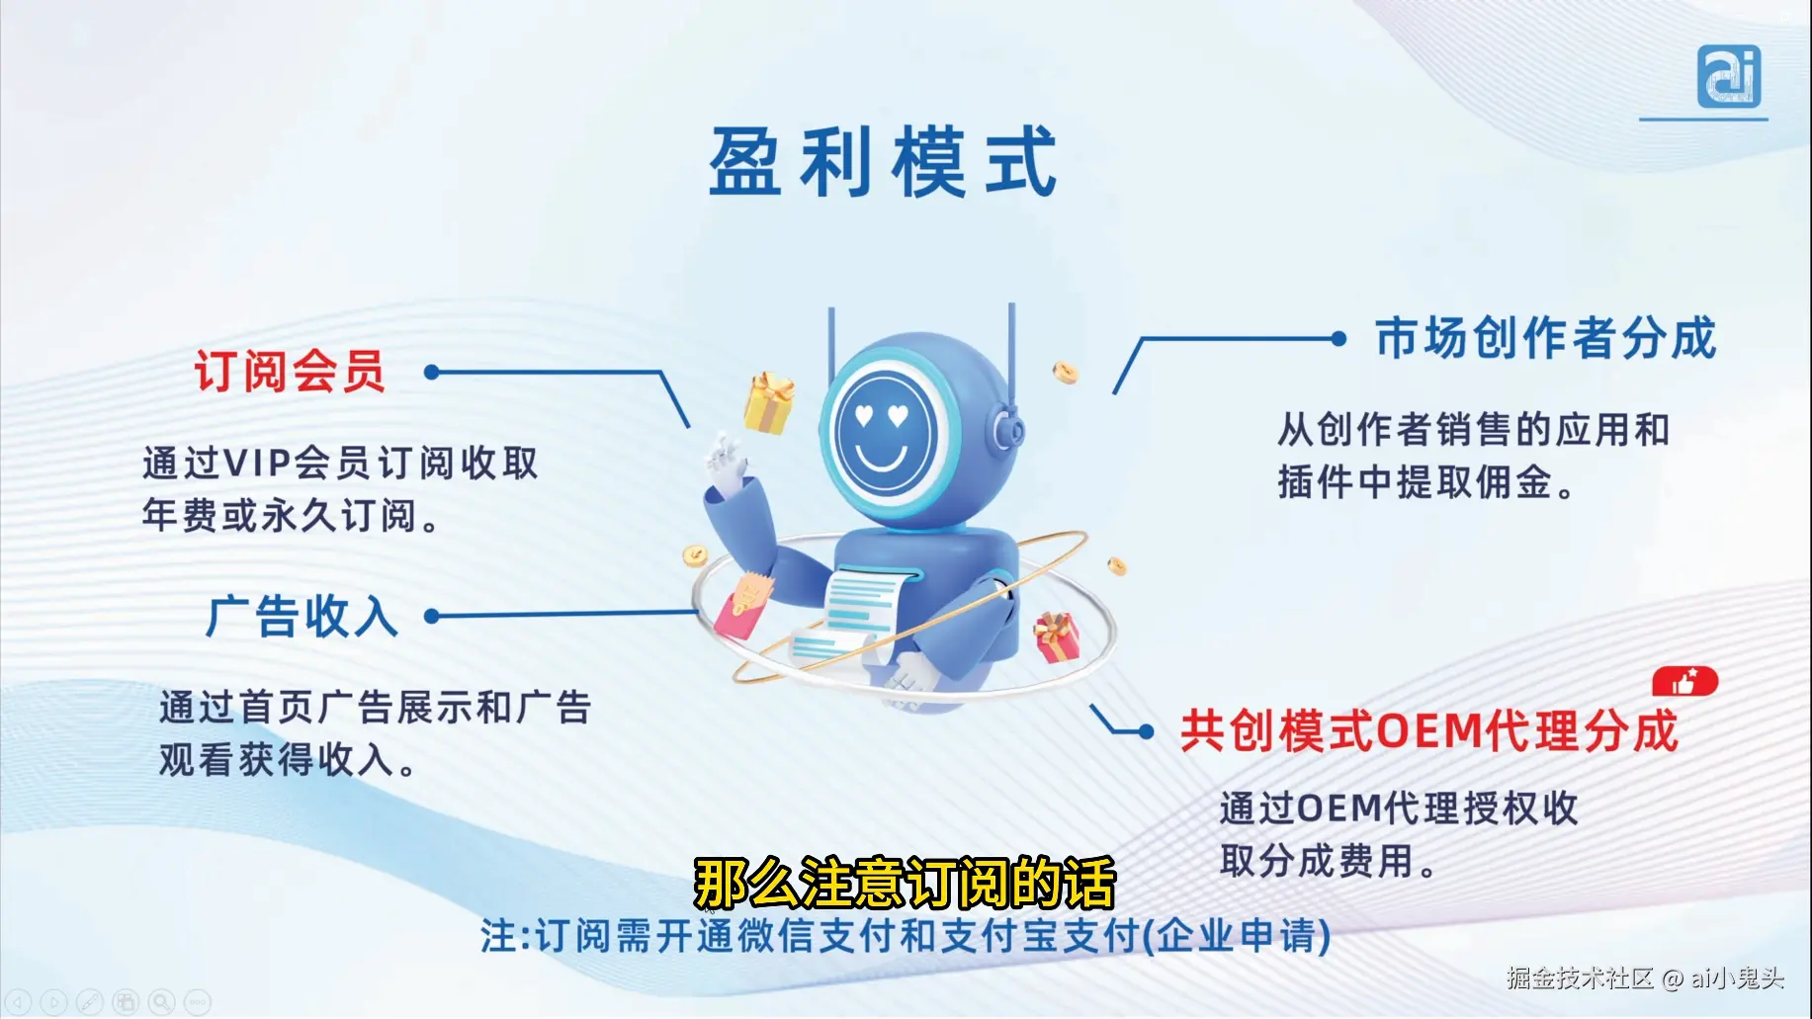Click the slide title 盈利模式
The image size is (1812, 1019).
pos(883,162)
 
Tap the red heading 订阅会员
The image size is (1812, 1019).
pos(289,373)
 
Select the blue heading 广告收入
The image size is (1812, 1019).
pos(302,617)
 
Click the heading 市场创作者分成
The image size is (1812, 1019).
pos(1545,338)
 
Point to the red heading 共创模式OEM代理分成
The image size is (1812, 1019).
pos(1428,732)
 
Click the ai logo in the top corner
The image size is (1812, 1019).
pos(1729,77)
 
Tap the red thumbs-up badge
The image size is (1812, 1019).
pos(1684,682)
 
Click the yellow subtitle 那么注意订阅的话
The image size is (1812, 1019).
pos(905,883)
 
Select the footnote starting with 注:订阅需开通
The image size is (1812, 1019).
pos(905,936)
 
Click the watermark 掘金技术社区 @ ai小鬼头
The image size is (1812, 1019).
pos(1645,978)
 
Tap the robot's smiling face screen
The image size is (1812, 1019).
pos(883,432)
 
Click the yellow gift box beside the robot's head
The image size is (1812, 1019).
pos(769,403)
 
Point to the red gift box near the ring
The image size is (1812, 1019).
pos(1056,637)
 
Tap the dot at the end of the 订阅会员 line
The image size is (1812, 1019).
pos(431,373)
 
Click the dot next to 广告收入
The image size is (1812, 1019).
pos(431,617)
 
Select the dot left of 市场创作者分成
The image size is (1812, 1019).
pos(1338,339)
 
